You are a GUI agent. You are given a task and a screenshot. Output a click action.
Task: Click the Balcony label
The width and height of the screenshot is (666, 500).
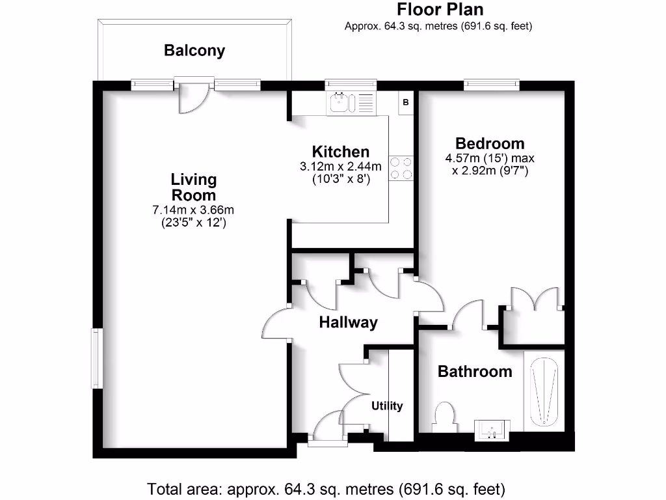(194, 51)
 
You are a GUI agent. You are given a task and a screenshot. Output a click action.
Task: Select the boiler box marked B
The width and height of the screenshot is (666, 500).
(406, 102)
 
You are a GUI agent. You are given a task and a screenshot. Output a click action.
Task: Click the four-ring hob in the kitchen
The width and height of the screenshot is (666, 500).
(401, 167)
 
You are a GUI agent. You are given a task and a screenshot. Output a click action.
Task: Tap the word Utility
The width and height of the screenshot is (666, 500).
(387, 406)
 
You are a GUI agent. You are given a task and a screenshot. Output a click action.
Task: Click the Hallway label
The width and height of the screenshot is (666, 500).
(348, 322)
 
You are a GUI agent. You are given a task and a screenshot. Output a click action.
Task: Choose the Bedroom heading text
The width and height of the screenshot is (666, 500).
(490, 144)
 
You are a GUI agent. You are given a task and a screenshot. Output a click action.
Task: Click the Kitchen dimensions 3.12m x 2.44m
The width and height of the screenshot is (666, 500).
(341, 167)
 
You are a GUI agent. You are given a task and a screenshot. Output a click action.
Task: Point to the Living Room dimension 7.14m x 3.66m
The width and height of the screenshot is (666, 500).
(193, 210)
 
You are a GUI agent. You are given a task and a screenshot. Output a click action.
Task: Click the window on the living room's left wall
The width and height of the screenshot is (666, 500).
(95, 359)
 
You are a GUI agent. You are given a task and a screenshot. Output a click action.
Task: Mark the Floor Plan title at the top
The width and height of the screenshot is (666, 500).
(440, 10)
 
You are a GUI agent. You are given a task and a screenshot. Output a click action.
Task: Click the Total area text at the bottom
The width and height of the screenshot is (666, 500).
(326, 488)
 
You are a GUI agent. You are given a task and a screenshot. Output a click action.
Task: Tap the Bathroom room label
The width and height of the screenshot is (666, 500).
(475, 372)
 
